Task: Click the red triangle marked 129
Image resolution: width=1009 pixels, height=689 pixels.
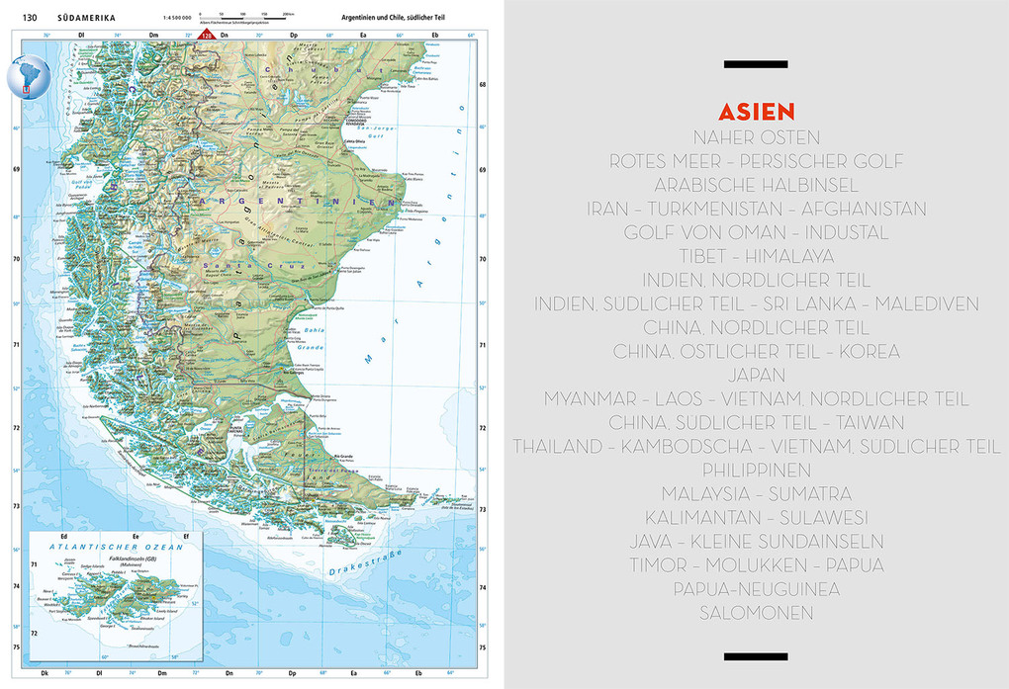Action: (x=207, y=35)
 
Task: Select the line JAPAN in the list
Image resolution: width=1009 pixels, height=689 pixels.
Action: (x=757, y=375)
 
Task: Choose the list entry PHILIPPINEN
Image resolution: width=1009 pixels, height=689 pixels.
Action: (x=757, y=470)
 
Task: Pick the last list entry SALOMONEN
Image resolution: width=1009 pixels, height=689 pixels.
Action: (x=757, y=613)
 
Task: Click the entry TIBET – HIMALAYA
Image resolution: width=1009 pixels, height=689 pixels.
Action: (x=757, y=256)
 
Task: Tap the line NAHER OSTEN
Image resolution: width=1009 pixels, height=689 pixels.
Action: (x=757, y=137)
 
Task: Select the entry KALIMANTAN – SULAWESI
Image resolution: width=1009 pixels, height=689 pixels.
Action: (x=757, y=517)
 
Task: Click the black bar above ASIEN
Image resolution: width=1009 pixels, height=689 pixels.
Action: (x=756, y=65)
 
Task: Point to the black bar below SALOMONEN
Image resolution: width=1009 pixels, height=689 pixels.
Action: (x=756, y=656)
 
